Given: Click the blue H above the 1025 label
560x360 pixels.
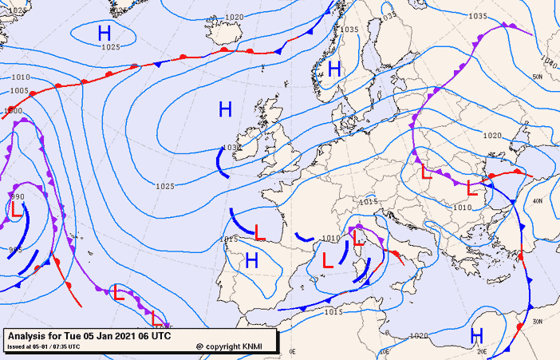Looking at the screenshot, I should pyautogui.click(x=105, y=33).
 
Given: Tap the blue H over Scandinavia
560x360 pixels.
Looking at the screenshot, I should pyautogui.click(x=334, y=69).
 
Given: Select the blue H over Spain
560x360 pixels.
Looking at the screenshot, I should pyautogui.click(x=252, y=259).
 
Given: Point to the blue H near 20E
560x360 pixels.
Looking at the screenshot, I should pyautogui.click(x=477, y=334).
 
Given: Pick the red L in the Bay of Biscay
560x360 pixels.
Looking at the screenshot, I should pyautogui.click(x=259, y=232).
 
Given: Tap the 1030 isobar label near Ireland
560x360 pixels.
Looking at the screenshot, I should pyautogui.click(x=231, y=148).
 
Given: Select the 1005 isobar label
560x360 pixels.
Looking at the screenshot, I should pyautogui.click(x=20, y=91).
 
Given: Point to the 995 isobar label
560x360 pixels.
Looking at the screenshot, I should pyautogui.click(x=15, y=250).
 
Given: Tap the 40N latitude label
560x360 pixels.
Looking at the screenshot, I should pyautogui.click(x=537, y=201).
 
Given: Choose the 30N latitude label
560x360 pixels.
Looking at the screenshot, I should pyautogui.click(x=537, y=321).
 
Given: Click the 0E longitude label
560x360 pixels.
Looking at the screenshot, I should pyautogui.click(x=292, y=352).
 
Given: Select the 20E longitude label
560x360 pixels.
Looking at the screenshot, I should pyautogui.click(x=481, y=351).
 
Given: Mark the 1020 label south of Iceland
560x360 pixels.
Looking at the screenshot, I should pyautogui.click(x=235, y=17).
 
